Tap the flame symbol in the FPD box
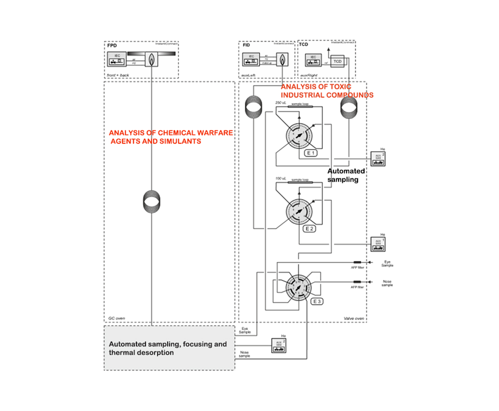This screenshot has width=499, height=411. click(x=152, y=59)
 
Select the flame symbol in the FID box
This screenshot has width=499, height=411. click(x=281, y=59)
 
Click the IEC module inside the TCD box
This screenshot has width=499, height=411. click(x=313, y=59)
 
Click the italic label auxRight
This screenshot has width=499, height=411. click(x=308, y=74)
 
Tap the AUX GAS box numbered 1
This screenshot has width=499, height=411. click(x=377, y=244)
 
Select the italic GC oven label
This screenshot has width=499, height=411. click(x=116, y=318)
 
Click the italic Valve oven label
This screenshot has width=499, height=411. click(x=354, y=318)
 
